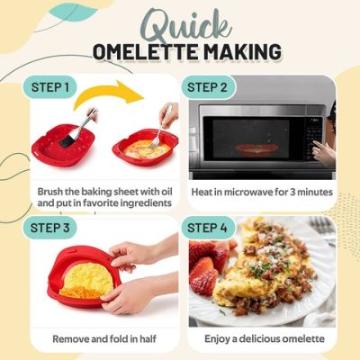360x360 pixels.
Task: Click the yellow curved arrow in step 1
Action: tap(121, 95)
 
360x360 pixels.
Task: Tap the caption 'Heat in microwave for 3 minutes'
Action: tap(262, 192)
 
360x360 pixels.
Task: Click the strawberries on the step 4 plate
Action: tap(206, 265)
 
